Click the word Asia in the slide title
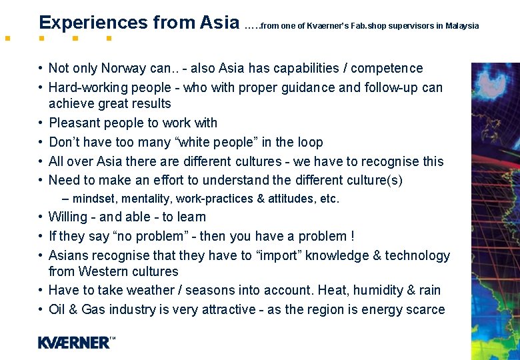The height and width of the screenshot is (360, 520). click(x=219, y=23)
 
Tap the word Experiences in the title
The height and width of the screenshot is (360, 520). click(x=93, y=23)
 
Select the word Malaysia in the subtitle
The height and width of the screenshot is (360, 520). click(x=462, y=26)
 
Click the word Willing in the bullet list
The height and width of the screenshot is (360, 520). click(x=68, y=217)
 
